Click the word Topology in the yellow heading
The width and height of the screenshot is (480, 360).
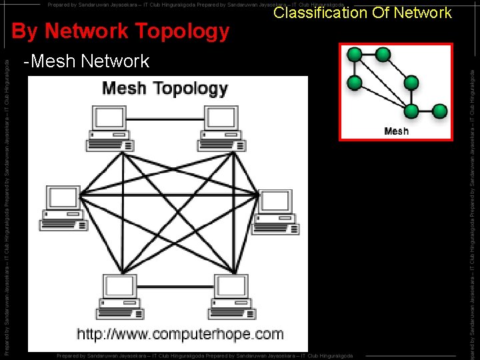181,31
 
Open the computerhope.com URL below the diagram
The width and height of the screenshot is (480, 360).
179,334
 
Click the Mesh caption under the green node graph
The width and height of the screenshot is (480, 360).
397,131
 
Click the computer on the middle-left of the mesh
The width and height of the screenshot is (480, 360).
64,208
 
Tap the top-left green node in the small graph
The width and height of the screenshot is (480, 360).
355,55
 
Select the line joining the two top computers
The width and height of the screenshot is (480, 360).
166,120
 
